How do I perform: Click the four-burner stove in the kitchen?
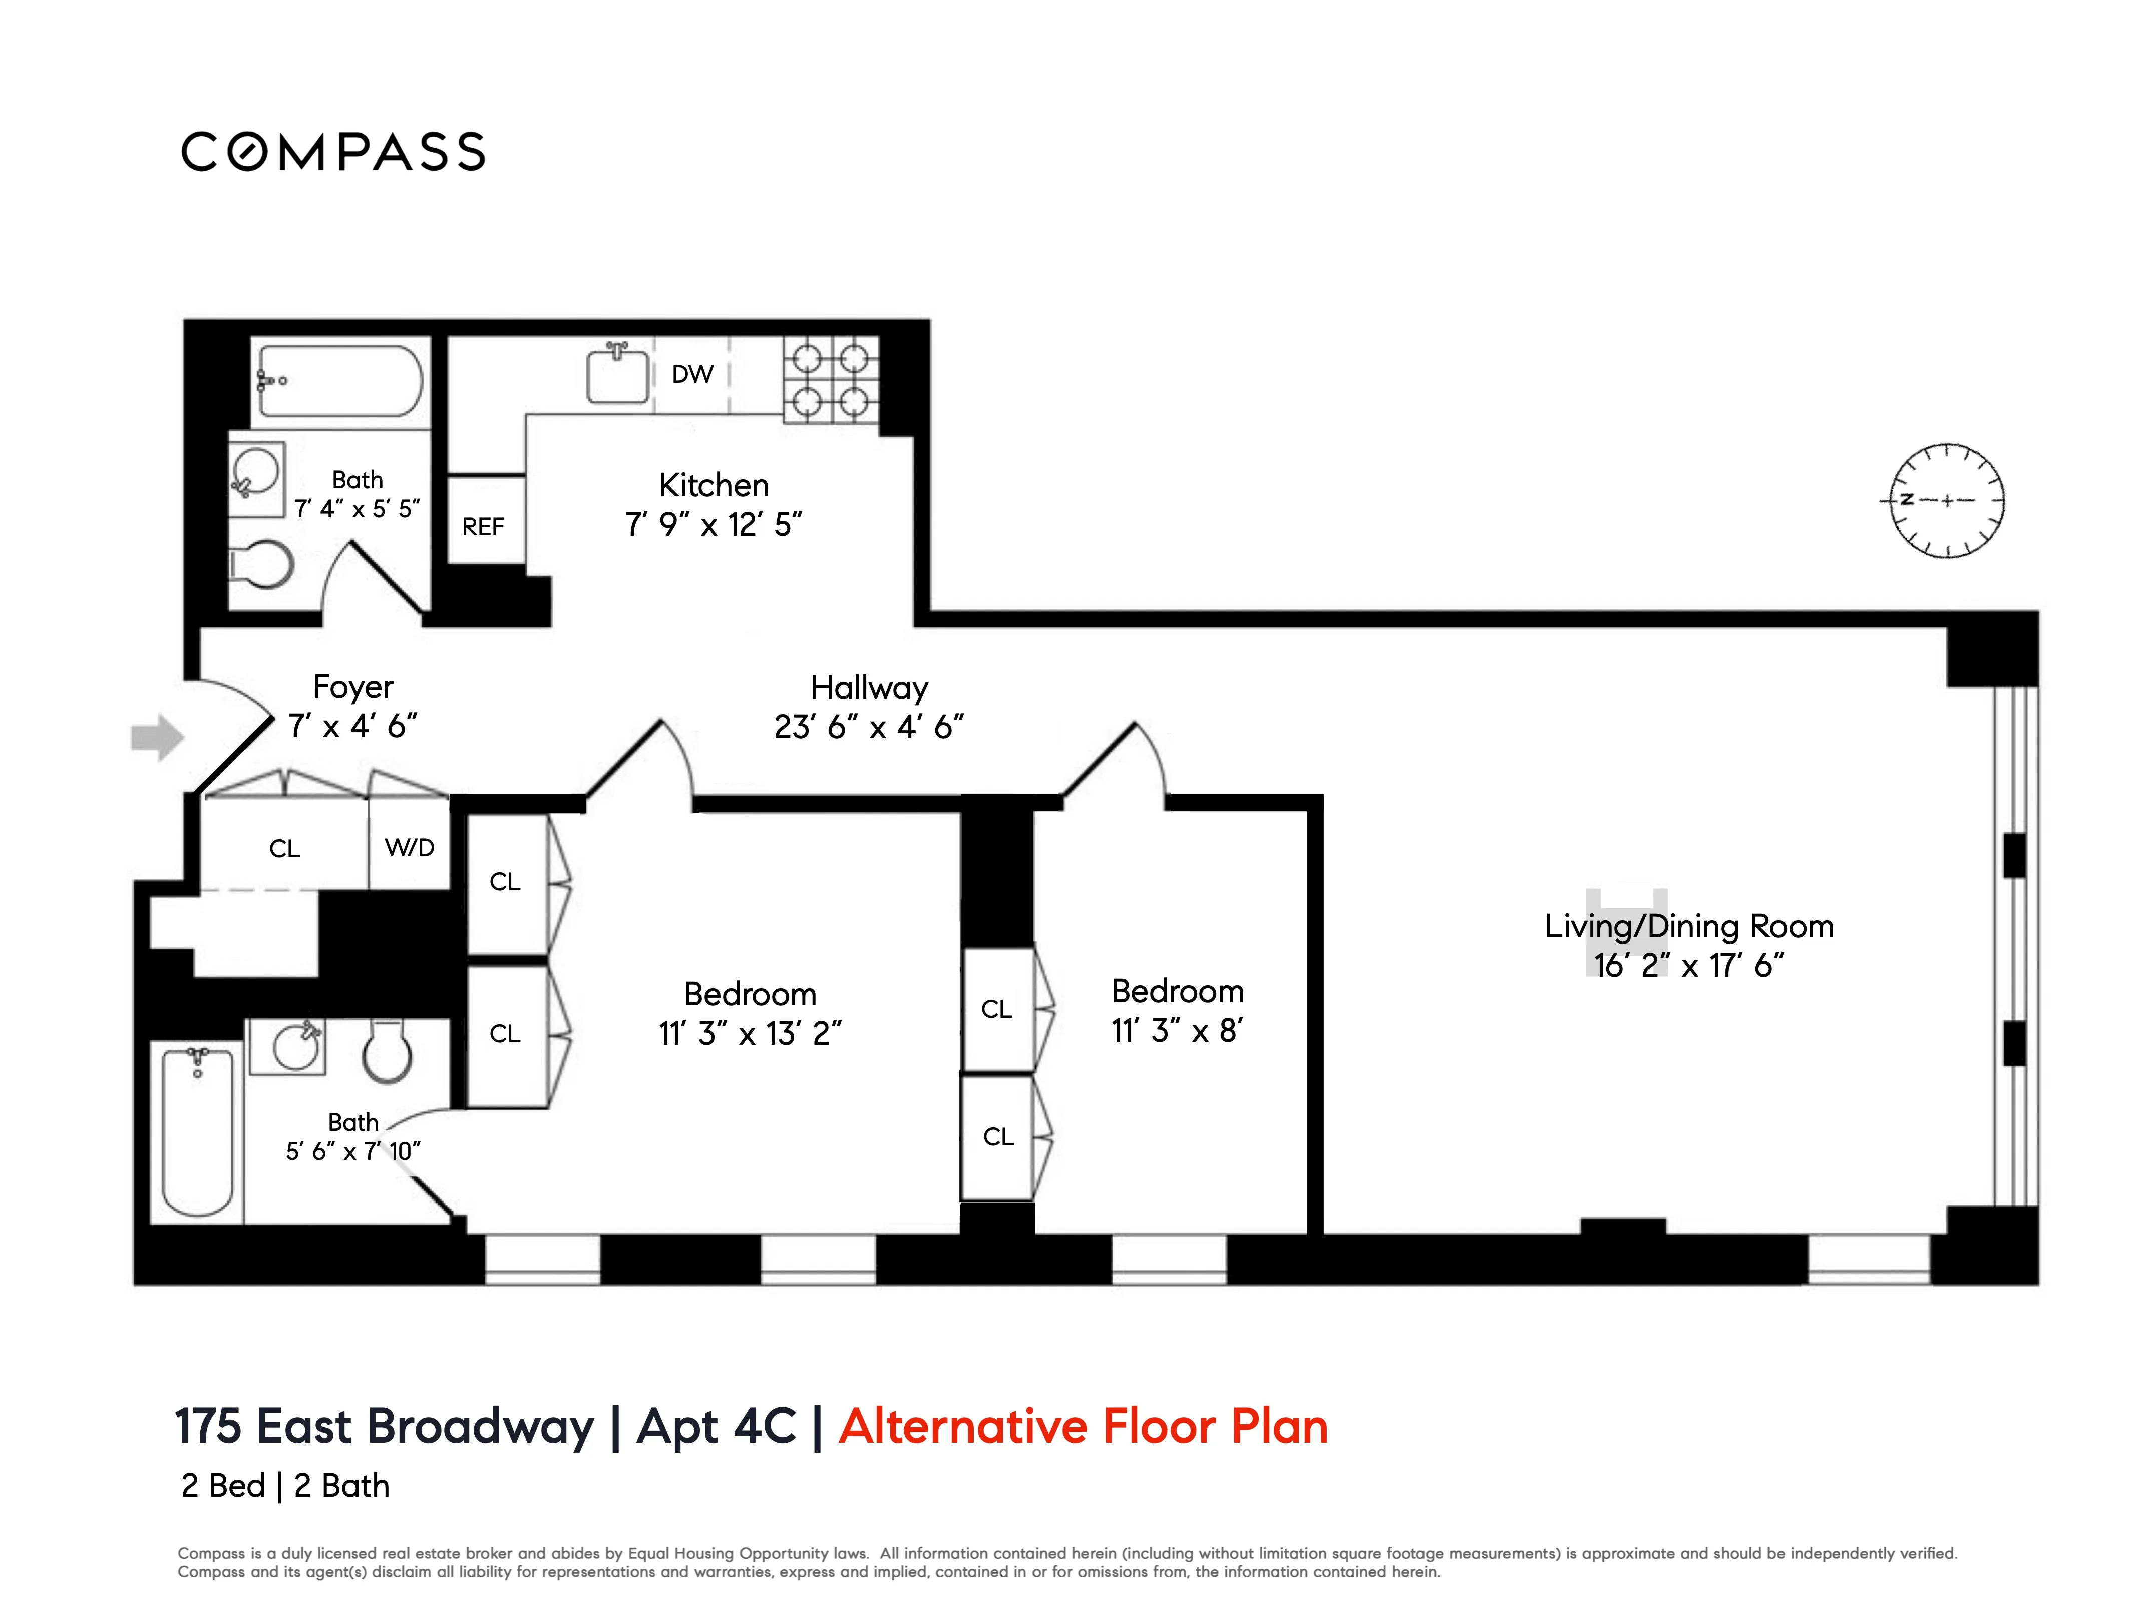pyautogui.click(x=831, y=379)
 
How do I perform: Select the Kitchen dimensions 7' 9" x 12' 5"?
pyautogui.click(x=714, y=524)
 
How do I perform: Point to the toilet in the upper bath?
pyautogui.click(x=261, y=565)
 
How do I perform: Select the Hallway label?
pyautogui.click(x=869, y=687)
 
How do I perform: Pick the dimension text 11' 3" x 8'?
pyautogui.click(x=1177, y=1030)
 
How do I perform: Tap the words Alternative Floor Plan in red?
pyautogui.click(x=1084, y=1426)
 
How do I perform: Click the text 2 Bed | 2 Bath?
pyautogui.click(x=286, y=1485)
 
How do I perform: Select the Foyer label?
pyautogui.click(x=353, y=686)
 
